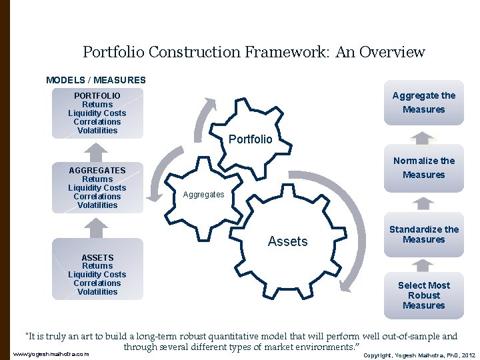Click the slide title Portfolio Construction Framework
coord(253,52)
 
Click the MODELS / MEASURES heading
coord(96,80)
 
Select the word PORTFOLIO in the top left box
coord(97,96)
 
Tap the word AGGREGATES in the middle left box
coord(97,171)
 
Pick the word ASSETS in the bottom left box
coord(97,257)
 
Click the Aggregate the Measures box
coord(423,103)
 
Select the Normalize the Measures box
coord(423,168)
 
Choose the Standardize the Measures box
coord(423,235)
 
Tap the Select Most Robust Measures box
coord(423,295)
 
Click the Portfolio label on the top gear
coord(250,139)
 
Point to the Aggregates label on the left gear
coord(204,195)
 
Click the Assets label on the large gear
coord(287,242)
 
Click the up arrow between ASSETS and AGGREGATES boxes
coord(97,227)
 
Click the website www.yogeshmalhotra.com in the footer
coord(51,354)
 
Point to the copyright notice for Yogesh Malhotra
coord(419,355)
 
